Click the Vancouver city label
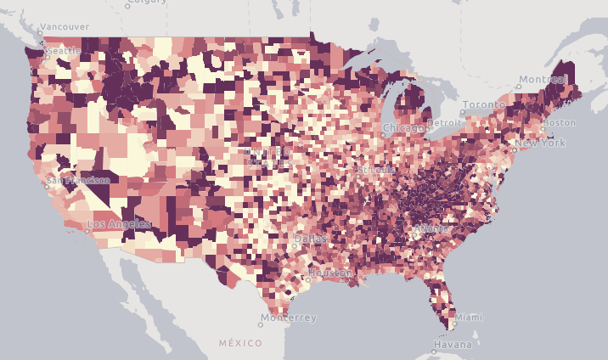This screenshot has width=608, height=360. (x=65, y=27)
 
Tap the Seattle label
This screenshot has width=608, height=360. (x=64, y=51)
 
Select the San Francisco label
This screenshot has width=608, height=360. (x=78, y=180)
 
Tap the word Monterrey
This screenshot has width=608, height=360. (x=289, y=318)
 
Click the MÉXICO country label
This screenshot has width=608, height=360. (x=239, y=343)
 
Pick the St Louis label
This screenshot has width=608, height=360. (x=374, y=169)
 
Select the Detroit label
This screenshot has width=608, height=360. (x=446, y=123)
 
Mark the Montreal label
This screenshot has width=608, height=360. (x=543, y=79)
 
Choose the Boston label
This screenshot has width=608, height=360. (x=560, y=122)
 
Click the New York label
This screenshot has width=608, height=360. (x=541, y=143)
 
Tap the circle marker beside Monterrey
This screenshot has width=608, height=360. (x=261, y=323)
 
